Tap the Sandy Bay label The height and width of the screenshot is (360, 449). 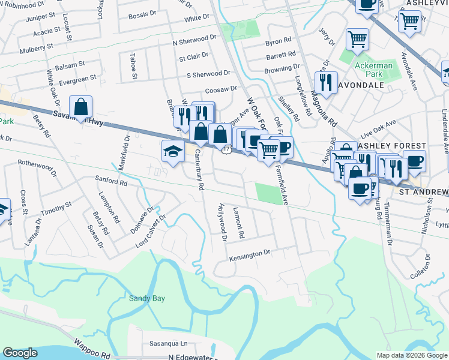coord(146,298)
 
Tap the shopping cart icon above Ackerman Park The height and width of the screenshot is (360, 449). coord(357,40)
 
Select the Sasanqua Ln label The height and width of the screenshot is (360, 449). coord(167,344)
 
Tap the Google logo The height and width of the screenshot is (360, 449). coord(20,353)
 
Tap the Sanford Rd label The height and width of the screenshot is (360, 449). coord(112,180)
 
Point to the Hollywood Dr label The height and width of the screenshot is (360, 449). coord(222,222)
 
